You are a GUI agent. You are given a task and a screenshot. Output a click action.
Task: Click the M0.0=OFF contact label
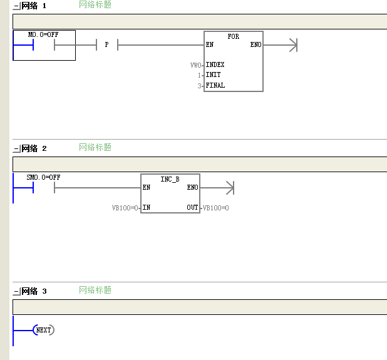(x=43, y=34)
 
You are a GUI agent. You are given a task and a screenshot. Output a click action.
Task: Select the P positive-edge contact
(x=107, y=44)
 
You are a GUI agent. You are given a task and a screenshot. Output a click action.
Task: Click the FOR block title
(x=233, y=36)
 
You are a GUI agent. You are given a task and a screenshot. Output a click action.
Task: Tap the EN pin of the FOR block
(x=210, y=44)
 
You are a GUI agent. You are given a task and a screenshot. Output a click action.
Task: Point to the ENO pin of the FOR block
(x=255, y=44)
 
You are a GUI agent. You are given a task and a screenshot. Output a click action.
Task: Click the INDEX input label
(x=215, y=64)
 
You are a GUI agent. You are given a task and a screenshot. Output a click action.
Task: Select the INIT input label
(x=214, y=75)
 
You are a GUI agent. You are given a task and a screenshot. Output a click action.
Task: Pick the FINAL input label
(x=215, y=85)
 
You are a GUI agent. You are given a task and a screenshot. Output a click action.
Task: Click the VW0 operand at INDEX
(x=196, y=65)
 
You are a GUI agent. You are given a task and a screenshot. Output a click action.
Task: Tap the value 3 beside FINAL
(x=199, y=86)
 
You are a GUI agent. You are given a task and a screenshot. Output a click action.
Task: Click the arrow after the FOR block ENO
(x=281, y=45)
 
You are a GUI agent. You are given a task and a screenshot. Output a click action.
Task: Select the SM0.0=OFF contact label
(x=43, y=177)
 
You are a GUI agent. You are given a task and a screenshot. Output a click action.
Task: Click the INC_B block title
(x=170, y=179)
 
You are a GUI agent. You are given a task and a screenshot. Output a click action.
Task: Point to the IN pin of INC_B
(x=147, y=207)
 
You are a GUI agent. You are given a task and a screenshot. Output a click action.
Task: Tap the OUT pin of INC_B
(x=192, y=207)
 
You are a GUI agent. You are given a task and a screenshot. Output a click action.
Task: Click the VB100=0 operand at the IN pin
(x=125, y=208)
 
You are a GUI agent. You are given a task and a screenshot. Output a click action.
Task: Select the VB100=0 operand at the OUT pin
(x=215, y=208)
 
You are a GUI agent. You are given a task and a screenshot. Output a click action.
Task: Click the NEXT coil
(x=44, y=330)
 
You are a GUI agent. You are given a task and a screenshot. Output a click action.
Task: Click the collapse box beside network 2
(x=16, y=149)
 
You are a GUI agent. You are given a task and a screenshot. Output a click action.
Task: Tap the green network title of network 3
(x=95, y=290)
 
